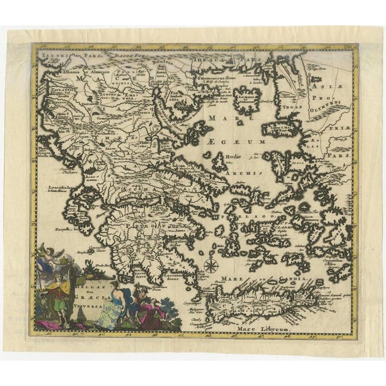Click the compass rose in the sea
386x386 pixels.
[210, 264]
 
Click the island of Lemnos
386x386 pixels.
[247, 98]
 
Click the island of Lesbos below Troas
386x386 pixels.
[283, 128]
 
